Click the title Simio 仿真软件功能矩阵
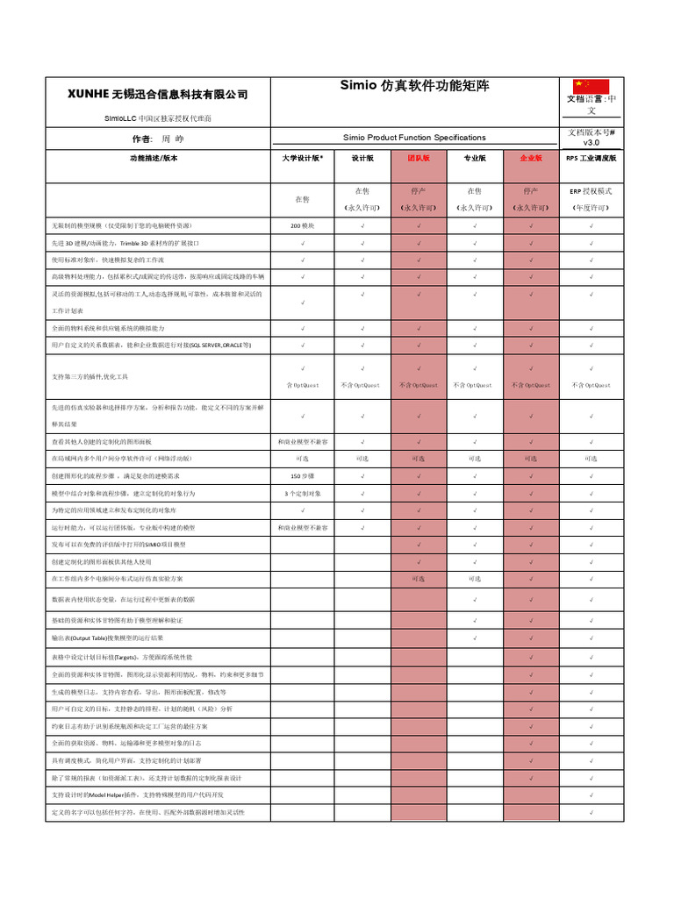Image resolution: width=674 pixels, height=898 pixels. click(414, 86)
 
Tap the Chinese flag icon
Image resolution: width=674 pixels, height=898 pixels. click(591, 86)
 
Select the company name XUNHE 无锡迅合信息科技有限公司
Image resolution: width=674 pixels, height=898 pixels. click(158, 95)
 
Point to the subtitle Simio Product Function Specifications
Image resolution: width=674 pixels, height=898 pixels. click(414, 138)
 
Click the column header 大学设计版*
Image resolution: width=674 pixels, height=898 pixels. click(303, 159)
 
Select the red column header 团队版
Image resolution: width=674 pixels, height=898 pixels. click(418, 159)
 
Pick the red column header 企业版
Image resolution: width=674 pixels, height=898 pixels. click(531, 159)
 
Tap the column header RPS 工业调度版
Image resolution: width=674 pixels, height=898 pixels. click(591, 159)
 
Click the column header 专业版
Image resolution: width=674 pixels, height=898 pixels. click(474, 159)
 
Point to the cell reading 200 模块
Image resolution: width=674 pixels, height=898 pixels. click(303, 225)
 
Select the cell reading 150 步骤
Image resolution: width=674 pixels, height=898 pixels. click(303, 476)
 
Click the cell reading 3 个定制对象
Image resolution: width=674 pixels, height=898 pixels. click(303, 494)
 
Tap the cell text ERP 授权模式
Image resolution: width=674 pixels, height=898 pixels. click(591, 190)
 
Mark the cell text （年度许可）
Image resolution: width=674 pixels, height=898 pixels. click(591, 208)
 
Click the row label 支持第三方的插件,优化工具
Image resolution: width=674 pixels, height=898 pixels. click(90, 376)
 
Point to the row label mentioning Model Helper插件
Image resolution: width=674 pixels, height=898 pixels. click(138, 795)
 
